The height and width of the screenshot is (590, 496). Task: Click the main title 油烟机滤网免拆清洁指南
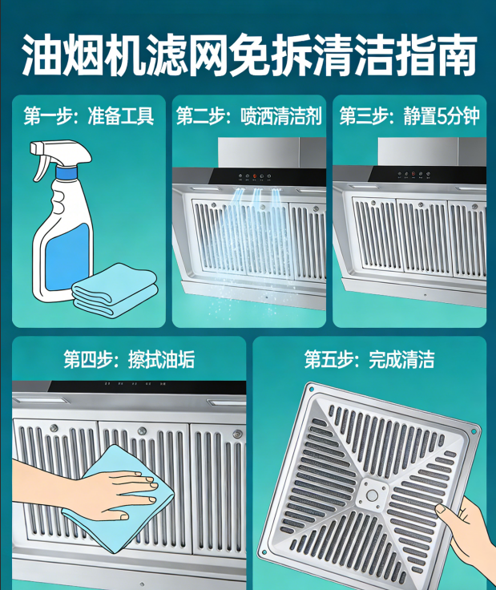pos(248,55)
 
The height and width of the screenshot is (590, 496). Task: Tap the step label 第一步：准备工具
pos(88,117)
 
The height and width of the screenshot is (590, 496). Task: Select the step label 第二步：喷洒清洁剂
pos(248,117)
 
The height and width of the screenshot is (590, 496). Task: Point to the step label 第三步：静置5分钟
pos(409,117)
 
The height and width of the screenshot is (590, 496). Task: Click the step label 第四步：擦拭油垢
pos(128,358)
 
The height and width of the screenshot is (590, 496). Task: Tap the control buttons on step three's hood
pos(414,176)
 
